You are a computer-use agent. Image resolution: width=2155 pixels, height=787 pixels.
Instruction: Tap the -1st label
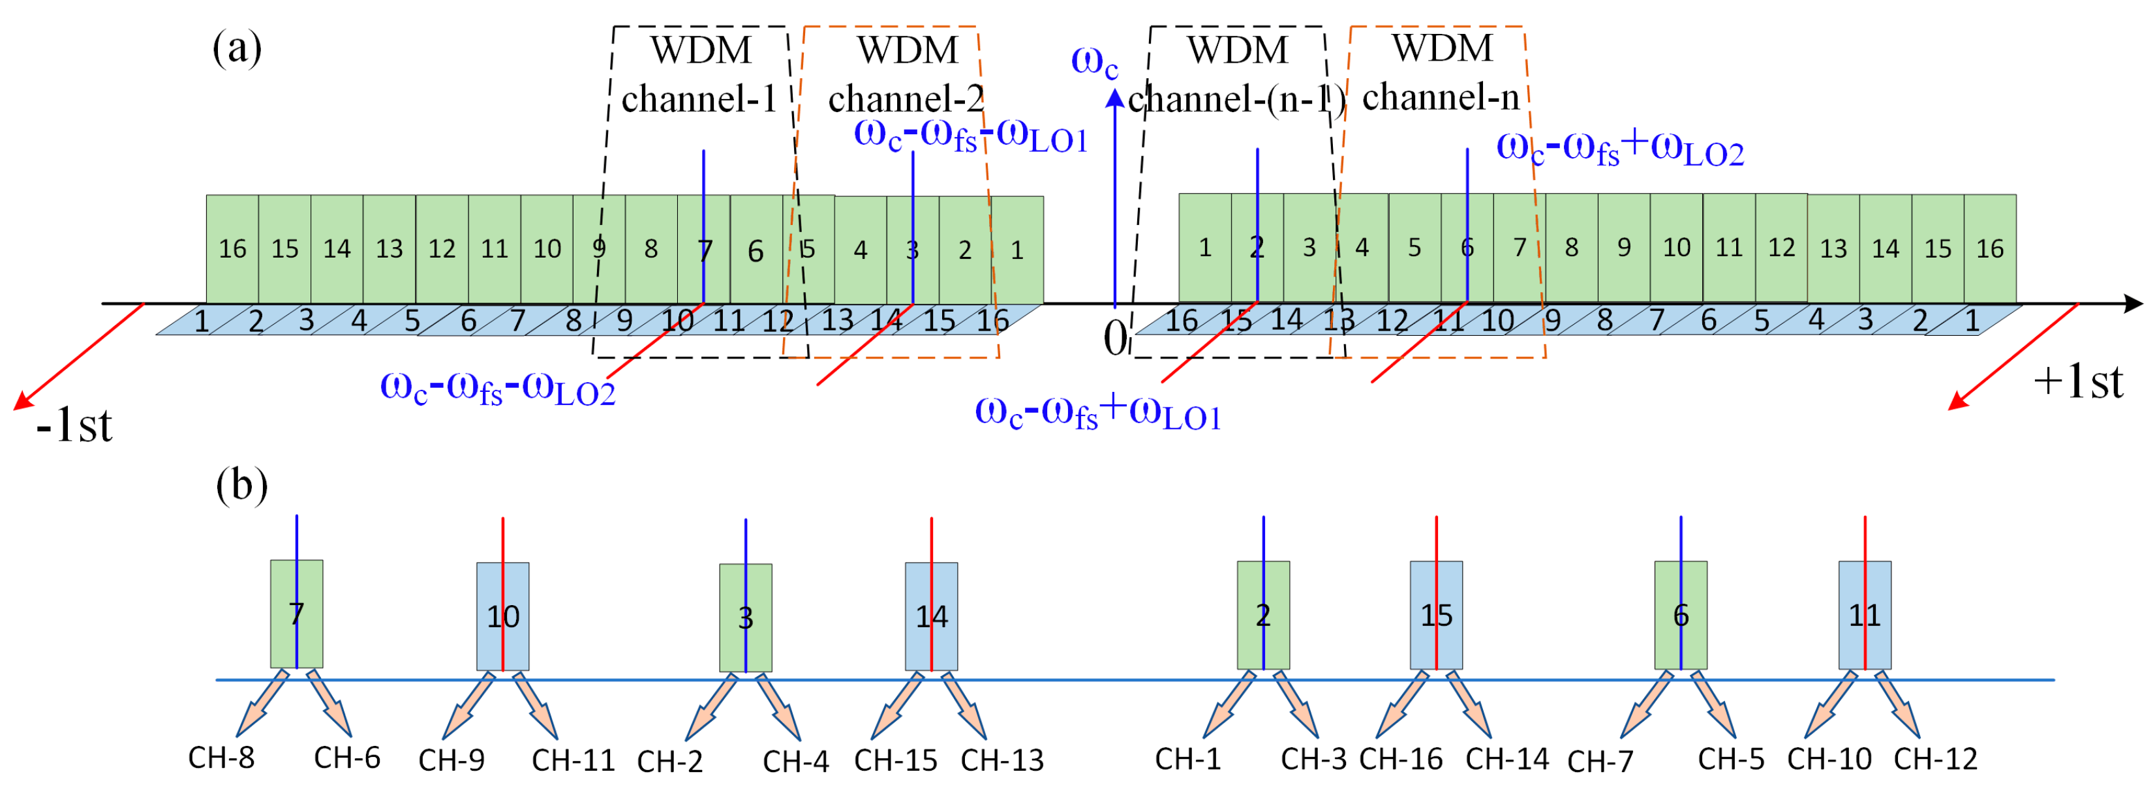click(x=74, y=426)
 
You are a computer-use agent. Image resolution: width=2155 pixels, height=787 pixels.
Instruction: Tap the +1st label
click(x=2078, y=382)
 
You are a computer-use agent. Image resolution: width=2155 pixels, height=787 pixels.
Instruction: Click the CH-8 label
click(x=221, y=757)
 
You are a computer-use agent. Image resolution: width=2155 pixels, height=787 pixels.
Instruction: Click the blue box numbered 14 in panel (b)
click(x=931, y=616)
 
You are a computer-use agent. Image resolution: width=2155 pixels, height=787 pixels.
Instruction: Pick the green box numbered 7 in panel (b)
click(x=296, y=613)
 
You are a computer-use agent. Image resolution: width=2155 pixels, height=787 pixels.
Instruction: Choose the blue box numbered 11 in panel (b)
click(x=1865, y=615)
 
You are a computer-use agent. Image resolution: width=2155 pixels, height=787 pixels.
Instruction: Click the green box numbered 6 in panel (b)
click(x=1681, y=615)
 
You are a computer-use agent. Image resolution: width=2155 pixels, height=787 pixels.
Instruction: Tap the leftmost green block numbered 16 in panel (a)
click(x=232, y=248)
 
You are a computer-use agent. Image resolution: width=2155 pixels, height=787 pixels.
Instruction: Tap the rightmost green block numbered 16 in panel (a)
click(x=1989, y=248)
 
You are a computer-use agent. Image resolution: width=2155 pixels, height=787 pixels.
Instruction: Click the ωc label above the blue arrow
click(x=1094, y=62)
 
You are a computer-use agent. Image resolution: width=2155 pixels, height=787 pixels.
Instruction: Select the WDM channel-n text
click(x=1441, y=73)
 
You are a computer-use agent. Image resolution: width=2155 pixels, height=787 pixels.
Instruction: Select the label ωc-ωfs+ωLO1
click(x=1097, y=413)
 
